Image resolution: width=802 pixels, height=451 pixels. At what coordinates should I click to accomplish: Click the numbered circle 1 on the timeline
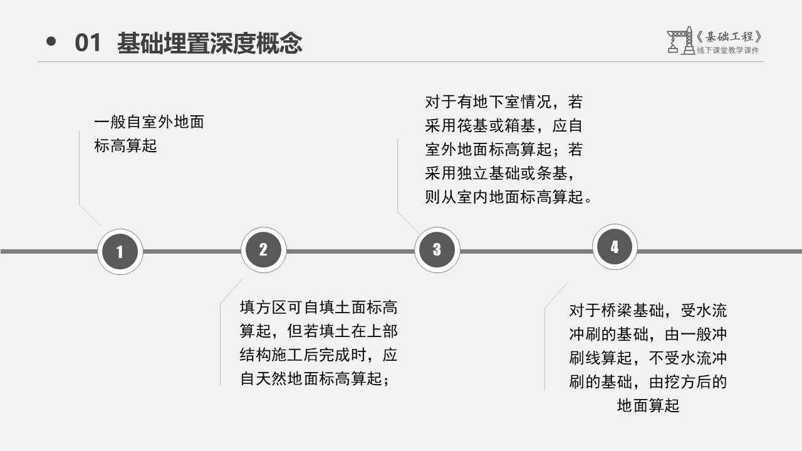click(x=120, y=252)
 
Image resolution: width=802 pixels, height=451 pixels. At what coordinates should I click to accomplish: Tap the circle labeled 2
click(x=264, y=250)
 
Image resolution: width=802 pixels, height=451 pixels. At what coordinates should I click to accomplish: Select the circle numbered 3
click(x=437, y=250)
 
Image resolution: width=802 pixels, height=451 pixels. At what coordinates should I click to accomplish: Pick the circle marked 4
click(x=615, y=247)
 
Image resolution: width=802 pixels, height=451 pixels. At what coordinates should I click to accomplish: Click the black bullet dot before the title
click(x=51, y=42)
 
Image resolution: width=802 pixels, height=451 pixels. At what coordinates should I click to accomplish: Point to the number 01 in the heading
click(x=88, y=43)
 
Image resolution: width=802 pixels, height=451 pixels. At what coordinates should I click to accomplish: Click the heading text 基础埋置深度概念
click(x=209, y=43)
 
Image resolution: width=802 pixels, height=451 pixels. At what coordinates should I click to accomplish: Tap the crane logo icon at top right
click(x=680, y=40)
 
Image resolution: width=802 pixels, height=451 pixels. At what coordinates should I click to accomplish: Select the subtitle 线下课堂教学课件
click(x=727, y=51)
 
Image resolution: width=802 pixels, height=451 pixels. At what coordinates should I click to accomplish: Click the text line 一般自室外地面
click(x=149, y=122)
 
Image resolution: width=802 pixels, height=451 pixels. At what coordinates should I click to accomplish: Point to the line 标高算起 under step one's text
click(x=125, y=146)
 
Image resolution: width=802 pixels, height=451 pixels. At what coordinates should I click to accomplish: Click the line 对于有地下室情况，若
click(x=504, y=102)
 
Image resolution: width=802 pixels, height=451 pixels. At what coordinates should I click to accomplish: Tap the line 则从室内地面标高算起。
click(x=508, y=197)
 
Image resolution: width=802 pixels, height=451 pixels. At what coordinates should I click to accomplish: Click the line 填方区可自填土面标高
click(x=319, y=308)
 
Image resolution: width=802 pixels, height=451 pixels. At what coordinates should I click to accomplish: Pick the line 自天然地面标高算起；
click(x=315, y=379)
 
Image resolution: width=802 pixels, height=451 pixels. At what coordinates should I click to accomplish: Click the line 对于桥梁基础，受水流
click(x=648, y=311)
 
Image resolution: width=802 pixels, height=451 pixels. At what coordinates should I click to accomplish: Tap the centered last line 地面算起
click(x=648, y=405)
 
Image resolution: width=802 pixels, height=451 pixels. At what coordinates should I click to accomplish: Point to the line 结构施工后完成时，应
click(x=319, y=355)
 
